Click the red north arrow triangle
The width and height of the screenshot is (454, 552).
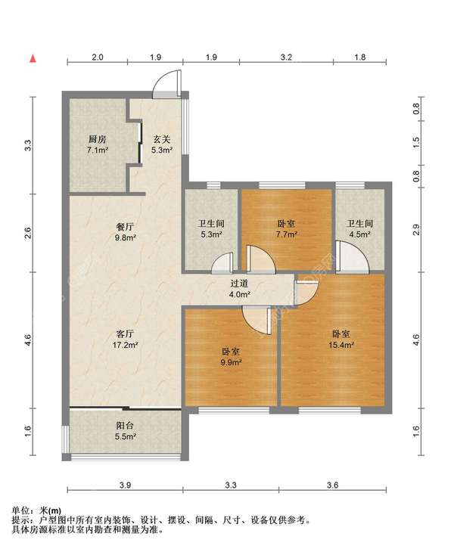33,58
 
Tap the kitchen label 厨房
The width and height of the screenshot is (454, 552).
97,139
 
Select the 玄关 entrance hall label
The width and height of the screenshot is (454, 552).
162,139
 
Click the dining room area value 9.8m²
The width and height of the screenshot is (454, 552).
126,237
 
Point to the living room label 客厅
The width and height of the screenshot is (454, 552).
125,333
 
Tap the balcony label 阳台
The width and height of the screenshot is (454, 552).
125,426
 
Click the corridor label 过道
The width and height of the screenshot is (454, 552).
240,284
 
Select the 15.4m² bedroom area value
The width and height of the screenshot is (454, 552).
341,345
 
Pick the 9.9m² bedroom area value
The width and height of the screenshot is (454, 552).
231,362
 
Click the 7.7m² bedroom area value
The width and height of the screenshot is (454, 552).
286,234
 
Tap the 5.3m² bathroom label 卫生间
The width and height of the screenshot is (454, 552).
211,224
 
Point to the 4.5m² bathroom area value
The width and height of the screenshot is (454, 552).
359,234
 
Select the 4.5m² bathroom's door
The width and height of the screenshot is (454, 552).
352,256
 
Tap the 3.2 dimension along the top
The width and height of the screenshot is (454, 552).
286,57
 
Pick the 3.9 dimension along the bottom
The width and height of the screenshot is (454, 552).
125,485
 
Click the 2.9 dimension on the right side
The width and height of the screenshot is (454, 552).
416,230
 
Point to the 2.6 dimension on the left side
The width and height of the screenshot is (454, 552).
28,233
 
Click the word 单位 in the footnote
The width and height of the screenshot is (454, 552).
20,510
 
